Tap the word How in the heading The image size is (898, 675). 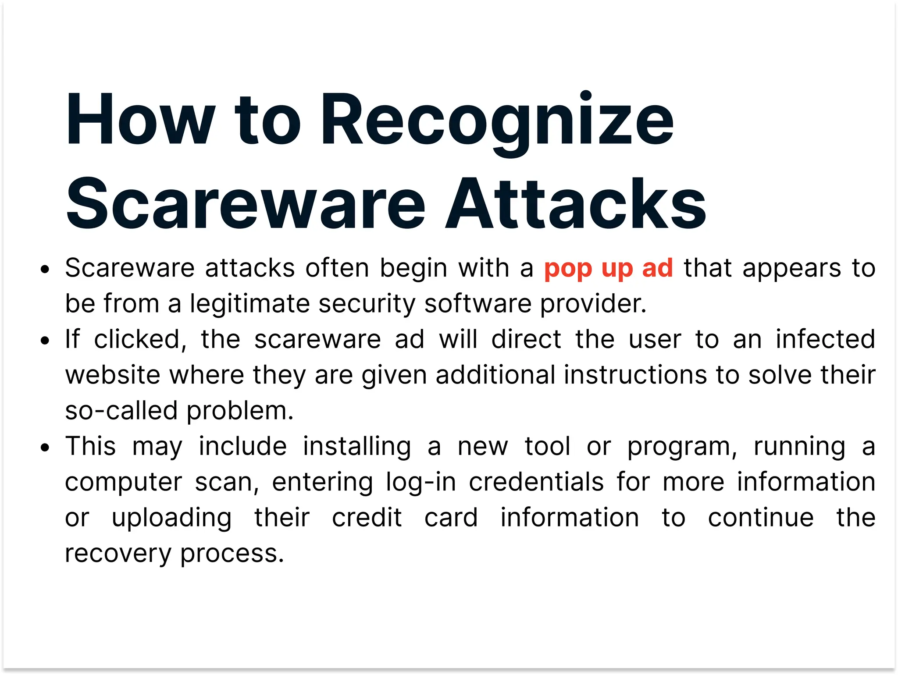click(x=140, y=119)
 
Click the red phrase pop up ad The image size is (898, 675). click(x=608, y=268)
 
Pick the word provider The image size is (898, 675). click(x=593, y=304)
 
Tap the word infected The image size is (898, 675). click(x=825, y=339)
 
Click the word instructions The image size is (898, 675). click(x=634, y=375)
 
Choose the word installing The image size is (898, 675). click(x=357, y=447)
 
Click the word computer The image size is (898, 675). click(x=123, y=482)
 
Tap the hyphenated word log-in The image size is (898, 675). click(x=421, y=482)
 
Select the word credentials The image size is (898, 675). click(x=536, y=482)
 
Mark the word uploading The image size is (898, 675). click(x=171, y=518)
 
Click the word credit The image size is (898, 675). click(x=367, y=518)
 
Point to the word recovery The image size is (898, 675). click(x=118, y=554)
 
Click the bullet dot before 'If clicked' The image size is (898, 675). click(x=45, y=341)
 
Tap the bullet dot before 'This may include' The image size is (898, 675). click(x=45, y=448)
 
